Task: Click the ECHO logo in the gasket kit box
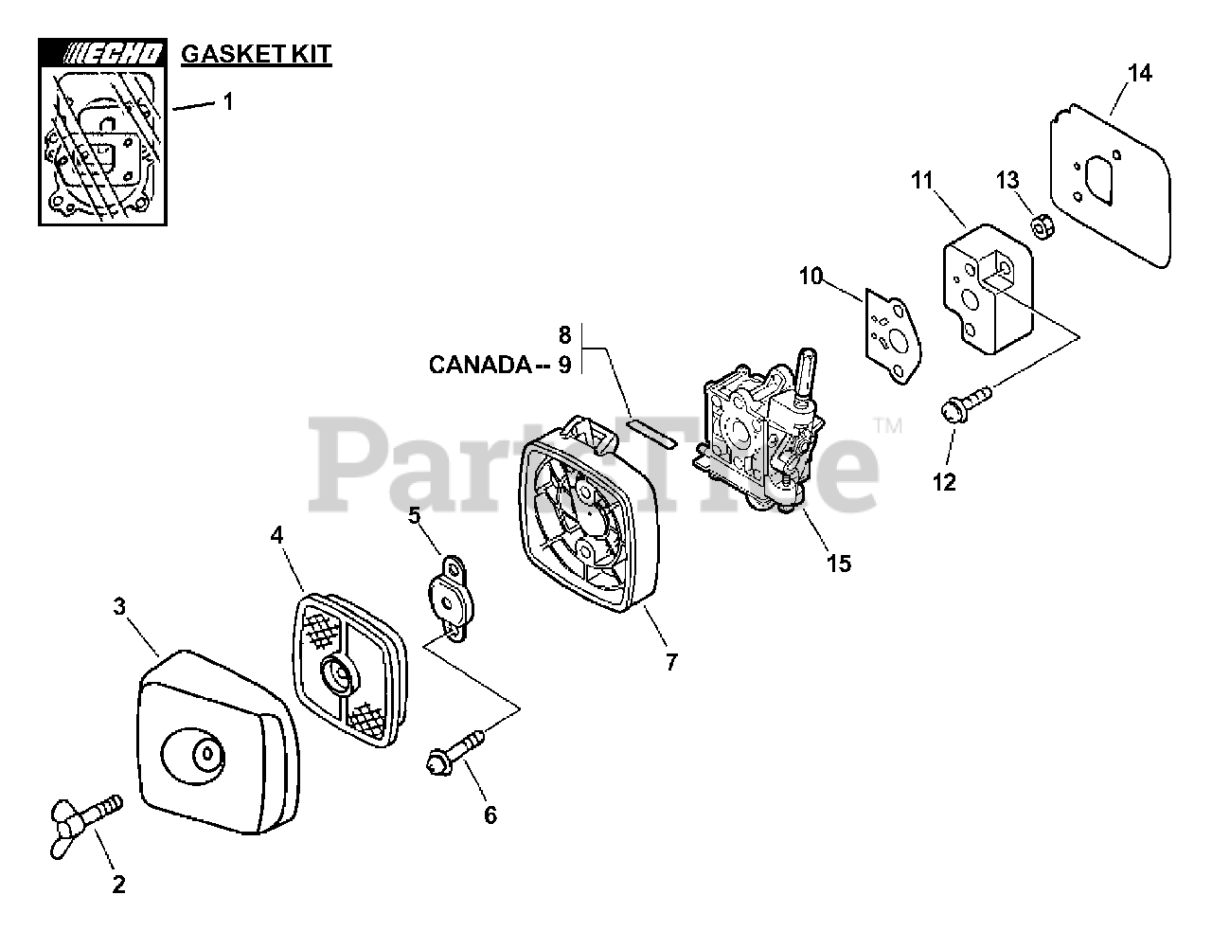(x=104, y=54)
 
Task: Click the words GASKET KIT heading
(x=256, y=54)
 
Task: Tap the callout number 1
(x=227, y=101)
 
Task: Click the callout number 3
(x=119, y=607)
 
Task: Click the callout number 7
(x=671, y=662)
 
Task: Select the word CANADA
(x=479, y=364)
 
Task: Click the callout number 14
(x=1141, y=72)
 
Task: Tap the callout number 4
(x=276, y=535)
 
